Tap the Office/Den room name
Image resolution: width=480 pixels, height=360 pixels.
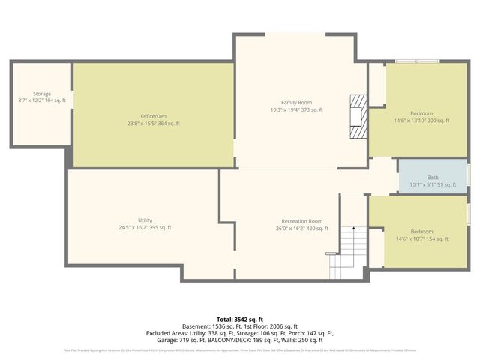click(153, 116)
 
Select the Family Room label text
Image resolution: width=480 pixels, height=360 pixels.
click(296, 103)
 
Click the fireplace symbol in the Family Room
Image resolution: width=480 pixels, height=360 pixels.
click(361, 117)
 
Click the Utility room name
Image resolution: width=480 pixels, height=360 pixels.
click(145, 220)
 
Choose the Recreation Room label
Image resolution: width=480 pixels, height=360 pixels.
click(301, 221)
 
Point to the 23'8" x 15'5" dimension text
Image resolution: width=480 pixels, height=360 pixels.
click(153, 123)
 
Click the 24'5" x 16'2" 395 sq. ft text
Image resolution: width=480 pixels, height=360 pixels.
click(145, 227)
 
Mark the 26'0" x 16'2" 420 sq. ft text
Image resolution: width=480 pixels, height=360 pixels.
click(301, 228)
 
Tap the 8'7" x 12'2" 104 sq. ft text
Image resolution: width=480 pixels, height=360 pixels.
click(42, 100)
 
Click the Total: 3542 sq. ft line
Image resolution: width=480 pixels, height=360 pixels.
click(240, 318)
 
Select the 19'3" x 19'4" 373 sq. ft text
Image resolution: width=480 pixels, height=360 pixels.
click(296, 109)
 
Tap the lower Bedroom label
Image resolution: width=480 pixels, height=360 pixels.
click(421, 232)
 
